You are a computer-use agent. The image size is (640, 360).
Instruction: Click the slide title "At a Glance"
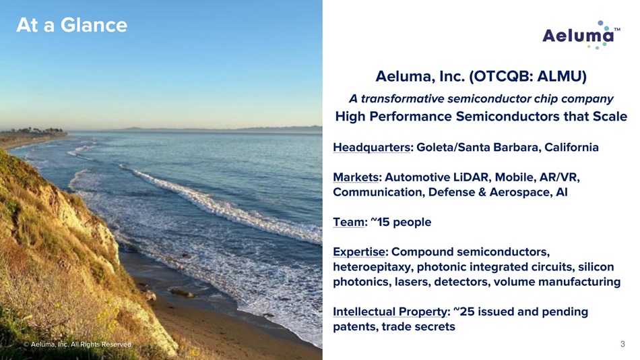click(x=72, y=25)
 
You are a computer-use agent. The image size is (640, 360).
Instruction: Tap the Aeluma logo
click(x=581, y=35)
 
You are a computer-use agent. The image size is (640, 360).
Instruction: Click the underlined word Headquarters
click(x=371, y=147)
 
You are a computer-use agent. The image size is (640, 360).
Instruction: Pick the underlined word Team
click(x=348, y=222)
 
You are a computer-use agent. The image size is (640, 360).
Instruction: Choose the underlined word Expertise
click(x=359, y=251)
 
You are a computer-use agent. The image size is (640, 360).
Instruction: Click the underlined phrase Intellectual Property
click(x=390, y=311)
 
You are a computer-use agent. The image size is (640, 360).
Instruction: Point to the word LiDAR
click(x=472, y=177)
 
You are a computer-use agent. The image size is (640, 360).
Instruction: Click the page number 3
click(x=622, y=344)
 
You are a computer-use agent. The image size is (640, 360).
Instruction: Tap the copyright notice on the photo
click(x=78, y=344)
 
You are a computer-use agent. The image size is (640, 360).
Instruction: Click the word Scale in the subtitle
click(x=610, y=117)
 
